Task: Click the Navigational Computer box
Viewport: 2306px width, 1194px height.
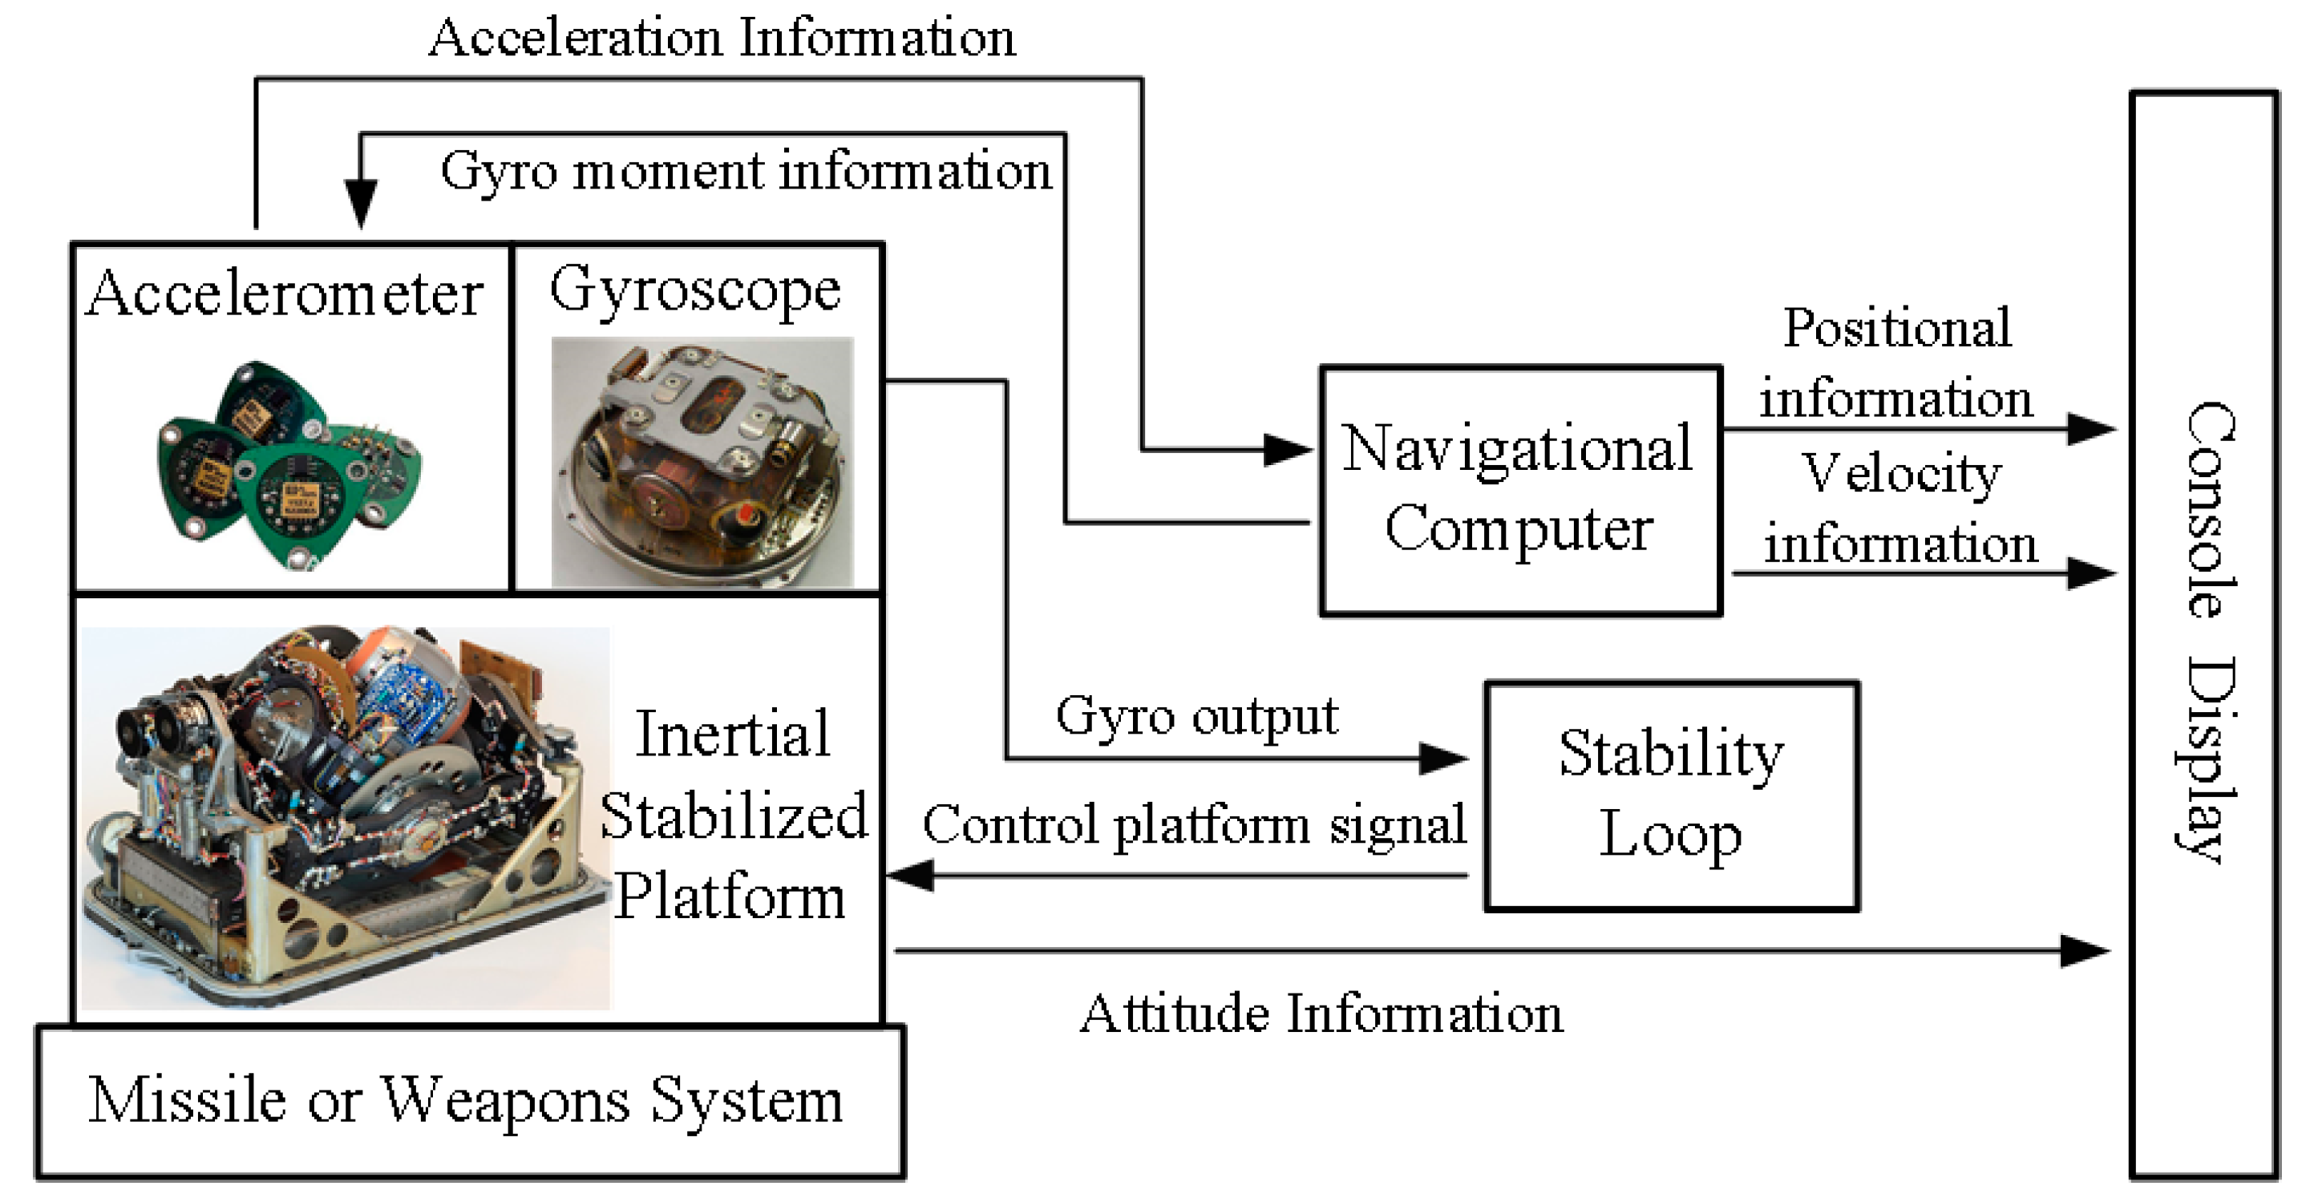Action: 1519,490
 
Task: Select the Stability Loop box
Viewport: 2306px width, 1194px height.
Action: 1671,795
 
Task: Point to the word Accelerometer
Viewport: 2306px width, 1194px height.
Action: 285,293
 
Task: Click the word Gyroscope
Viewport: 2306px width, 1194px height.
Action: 694,290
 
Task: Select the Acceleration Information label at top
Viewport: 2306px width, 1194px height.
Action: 722,38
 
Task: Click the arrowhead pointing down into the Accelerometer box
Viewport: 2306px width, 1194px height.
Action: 361,203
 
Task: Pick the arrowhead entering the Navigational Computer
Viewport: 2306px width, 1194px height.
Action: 1287,449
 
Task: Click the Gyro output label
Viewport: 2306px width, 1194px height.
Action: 1196,716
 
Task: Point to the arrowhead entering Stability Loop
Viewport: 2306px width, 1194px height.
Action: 1443,758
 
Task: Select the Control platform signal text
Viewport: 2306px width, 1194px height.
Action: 1193,824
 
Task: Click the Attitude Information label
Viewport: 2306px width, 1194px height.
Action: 1321,1014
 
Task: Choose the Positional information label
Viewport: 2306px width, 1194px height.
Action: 1896,362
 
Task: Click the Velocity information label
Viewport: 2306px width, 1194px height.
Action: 1899,508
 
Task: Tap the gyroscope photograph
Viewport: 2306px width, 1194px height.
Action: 702,462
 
